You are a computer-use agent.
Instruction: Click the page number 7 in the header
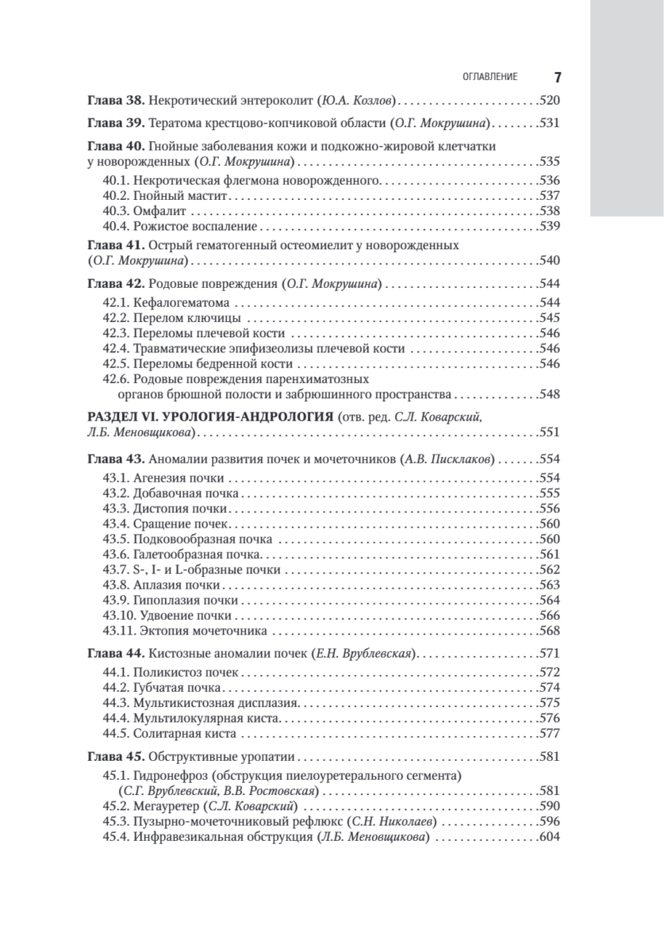point(557,77)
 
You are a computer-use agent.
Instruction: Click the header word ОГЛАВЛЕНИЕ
point(489,77)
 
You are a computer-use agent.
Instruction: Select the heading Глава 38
point(113,102)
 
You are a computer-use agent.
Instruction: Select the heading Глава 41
point(113,245)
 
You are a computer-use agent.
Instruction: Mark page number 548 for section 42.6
point(549,393)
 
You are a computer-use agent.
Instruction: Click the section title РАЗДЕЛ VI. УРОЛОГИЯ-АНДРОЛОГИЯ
point(209,416)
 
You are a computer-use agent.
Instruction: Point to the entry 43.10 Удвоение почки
point(168,615)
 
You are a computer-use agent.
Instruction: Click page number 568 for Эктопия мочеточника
point(549,630)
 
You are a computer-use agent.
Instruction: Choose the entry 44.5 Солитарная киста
point(171,732)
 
